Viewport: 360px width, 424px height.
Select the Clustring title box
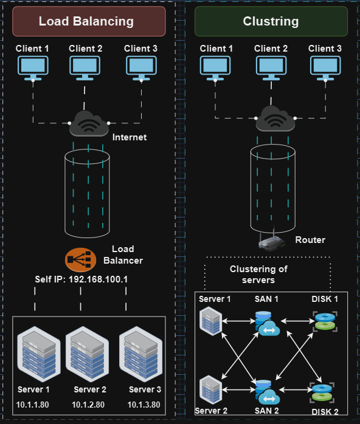pos(271,21)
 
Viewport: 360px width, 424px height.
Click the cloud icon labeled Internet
pos(89,123)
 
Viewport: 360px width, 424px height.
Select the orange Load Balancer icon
pos(80,259)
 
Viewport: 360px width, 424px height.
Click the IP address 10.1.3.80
pos(144,404)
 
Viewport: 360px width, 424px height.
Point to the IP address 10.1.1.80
pos(34,404)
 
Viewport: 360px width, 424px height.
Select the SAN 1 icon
pos(266,323)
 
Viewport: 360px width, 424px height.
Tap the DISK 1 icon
pos(324,322)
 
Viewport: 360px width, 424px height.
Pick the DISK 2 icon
pos(321,392)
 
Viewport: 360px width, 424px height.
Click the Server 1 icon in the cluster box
pos(210,321)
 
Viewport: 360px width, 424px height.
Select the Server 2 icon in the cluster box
pos(210,389)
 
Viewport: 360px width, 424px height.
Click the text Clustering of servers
pos(258,274)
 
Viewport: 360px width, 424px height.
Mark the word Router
pos(310,240)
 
